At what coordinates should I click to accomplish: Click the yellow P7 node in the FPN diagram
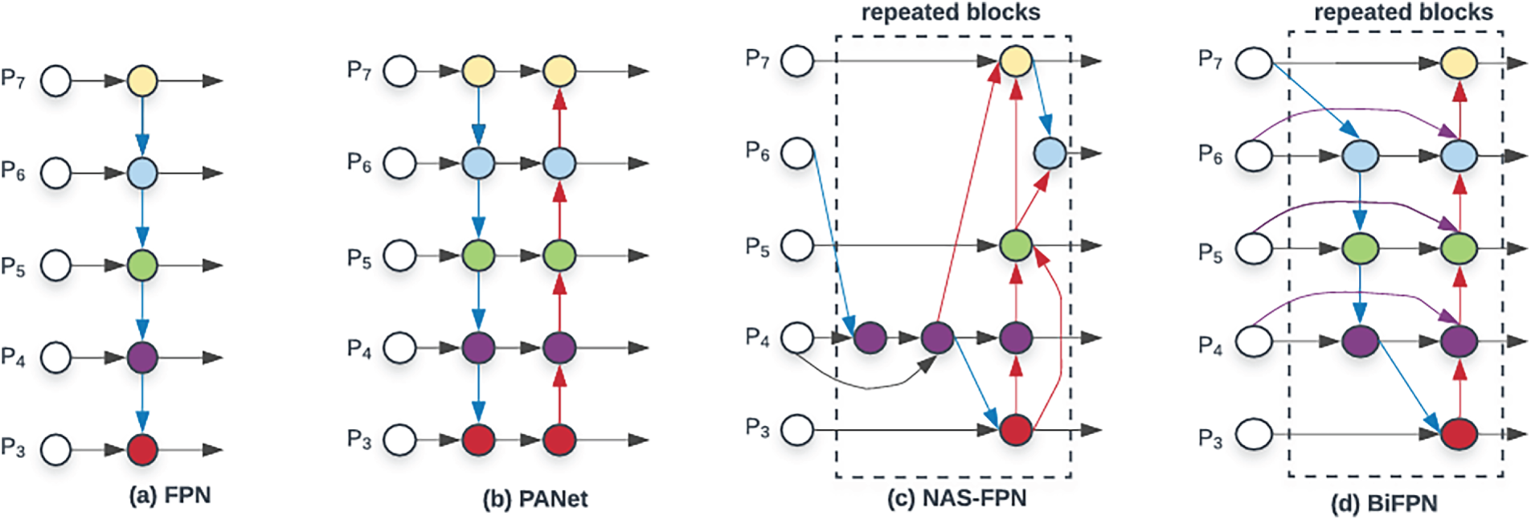(x=142, y=80)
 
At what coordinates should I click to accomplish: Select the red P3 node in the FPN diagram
(x=142, y=449)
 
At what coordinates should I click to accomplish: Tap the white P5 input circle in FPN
(x=55, y=265)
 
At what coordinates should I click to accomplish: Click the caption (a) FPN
(x=170, y=495)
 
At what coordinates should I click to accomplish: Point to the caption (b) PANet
(x=534, y=499)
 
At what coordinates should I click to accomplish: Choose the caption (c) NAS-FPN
(x=956, y=498)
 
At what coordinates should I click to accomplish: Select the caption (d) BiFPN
(x=1384, y=504)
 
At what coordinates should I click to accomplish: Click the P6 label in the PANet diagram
(x=359, y=163)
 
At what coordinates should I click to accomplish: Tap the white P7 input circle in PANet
(x=399, y=71)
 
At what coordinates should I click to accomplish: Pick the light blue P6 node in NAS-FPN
(x=1050, y=153)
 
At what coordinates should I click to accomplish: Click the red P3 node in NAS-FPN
(x=1016, y=430)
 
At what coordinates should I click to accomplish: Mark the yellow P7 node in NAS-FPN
(x=1016, y=60)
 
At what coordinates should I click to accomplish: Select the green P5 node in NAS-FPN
(x=1016, y=245)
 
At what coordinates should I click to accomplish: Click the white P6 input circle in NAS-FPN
(x=797, y=153)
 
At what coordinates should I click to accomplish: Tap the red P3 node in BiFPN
(x=1459, y=434)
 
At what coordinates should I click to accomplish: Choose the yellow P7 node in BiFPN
(x=1459, y=63)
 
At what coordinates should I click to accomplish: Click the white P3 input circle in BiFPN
(x=1253, y=435)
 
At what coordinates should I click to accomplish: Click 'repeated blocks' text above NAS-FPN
(x=951, y=13)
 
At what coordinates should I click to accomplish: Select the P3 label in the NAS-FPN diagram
(x=757, y=428)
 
